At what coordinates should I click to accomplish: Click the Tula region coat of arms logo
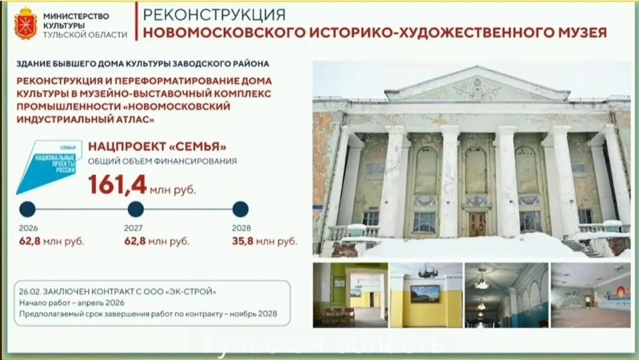click(26, 23)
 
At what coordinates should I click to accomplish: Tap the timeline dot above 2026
click(27, 210)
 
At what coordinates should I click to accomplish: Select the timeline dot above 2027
click(135, 210)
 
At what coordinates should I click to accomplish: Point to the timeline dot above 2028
click(240, 210)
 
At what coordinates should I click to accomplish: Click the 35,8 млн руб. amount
click(264, 240)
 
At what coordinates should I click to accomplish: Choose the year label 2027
click(134, 228)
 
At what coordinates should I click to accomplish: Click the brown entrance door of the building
click(477, 224)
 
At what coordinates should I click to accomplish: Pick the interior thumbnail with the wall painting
click(591, 294)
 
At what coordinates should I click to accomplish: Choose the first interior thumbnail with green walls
click(349, 294)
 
